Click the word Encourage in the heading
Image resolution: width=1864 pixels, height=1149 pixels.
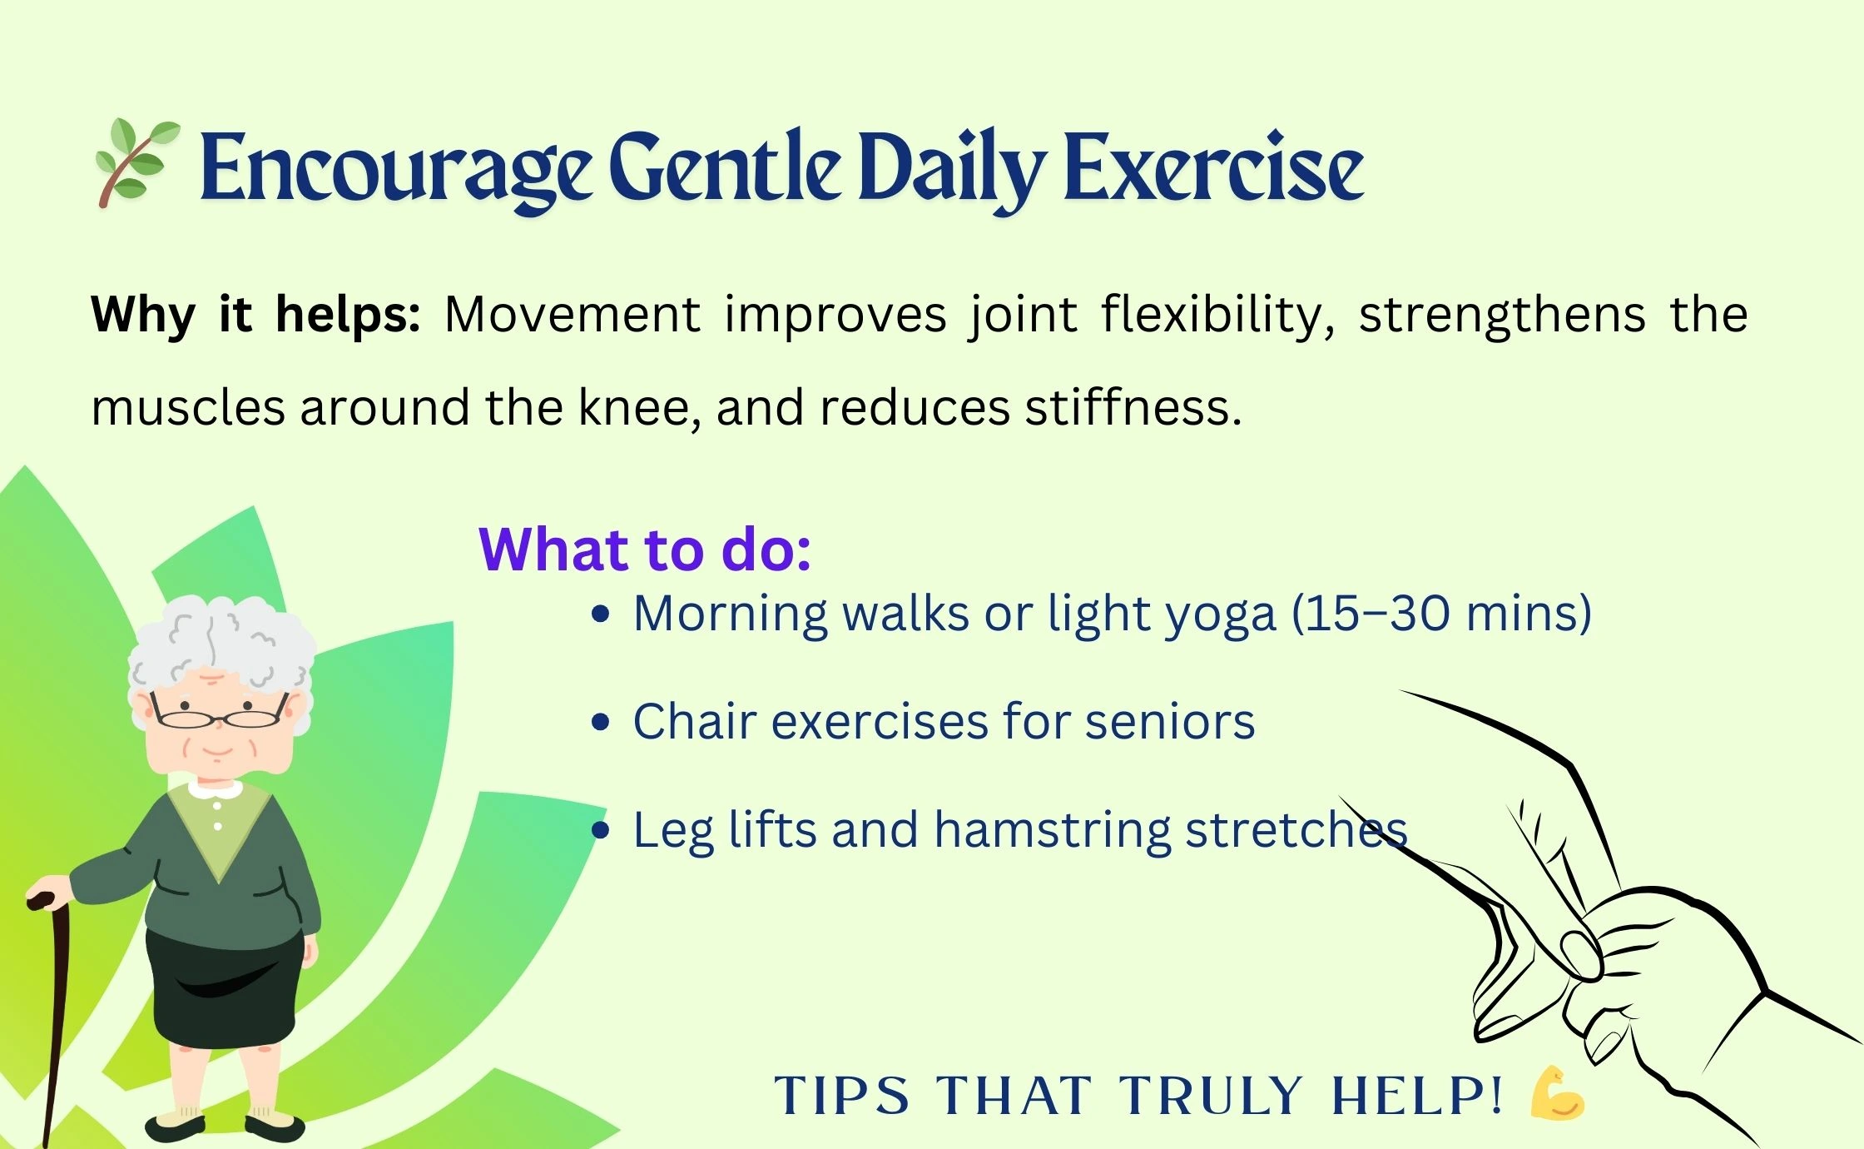click(x=396, y=172)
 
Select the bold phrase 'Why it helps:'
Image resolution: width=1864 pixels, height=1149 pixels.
click(x=255, y=316)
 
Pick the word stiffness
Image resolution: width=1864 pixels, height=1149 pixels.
click(x=1133, y=407)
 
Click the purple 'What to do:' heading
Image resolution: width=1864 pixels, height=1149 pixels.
click(x=645, y=550)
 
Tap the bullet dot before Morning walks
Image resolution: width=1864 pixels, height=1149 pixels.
click(x=600, y=615)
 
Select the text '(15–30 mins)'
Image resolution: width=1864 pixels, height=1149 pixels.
click(x=1441, y=614)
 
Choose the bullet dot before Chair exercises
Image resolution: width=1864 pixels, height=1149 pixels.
click(x=600, y=722)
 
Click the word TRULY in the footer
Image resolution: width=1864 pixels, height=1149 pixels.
click(x=1210, y=1095)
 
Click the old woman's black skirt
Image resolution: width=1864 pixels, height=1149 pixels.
click(x=225, y=987)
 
